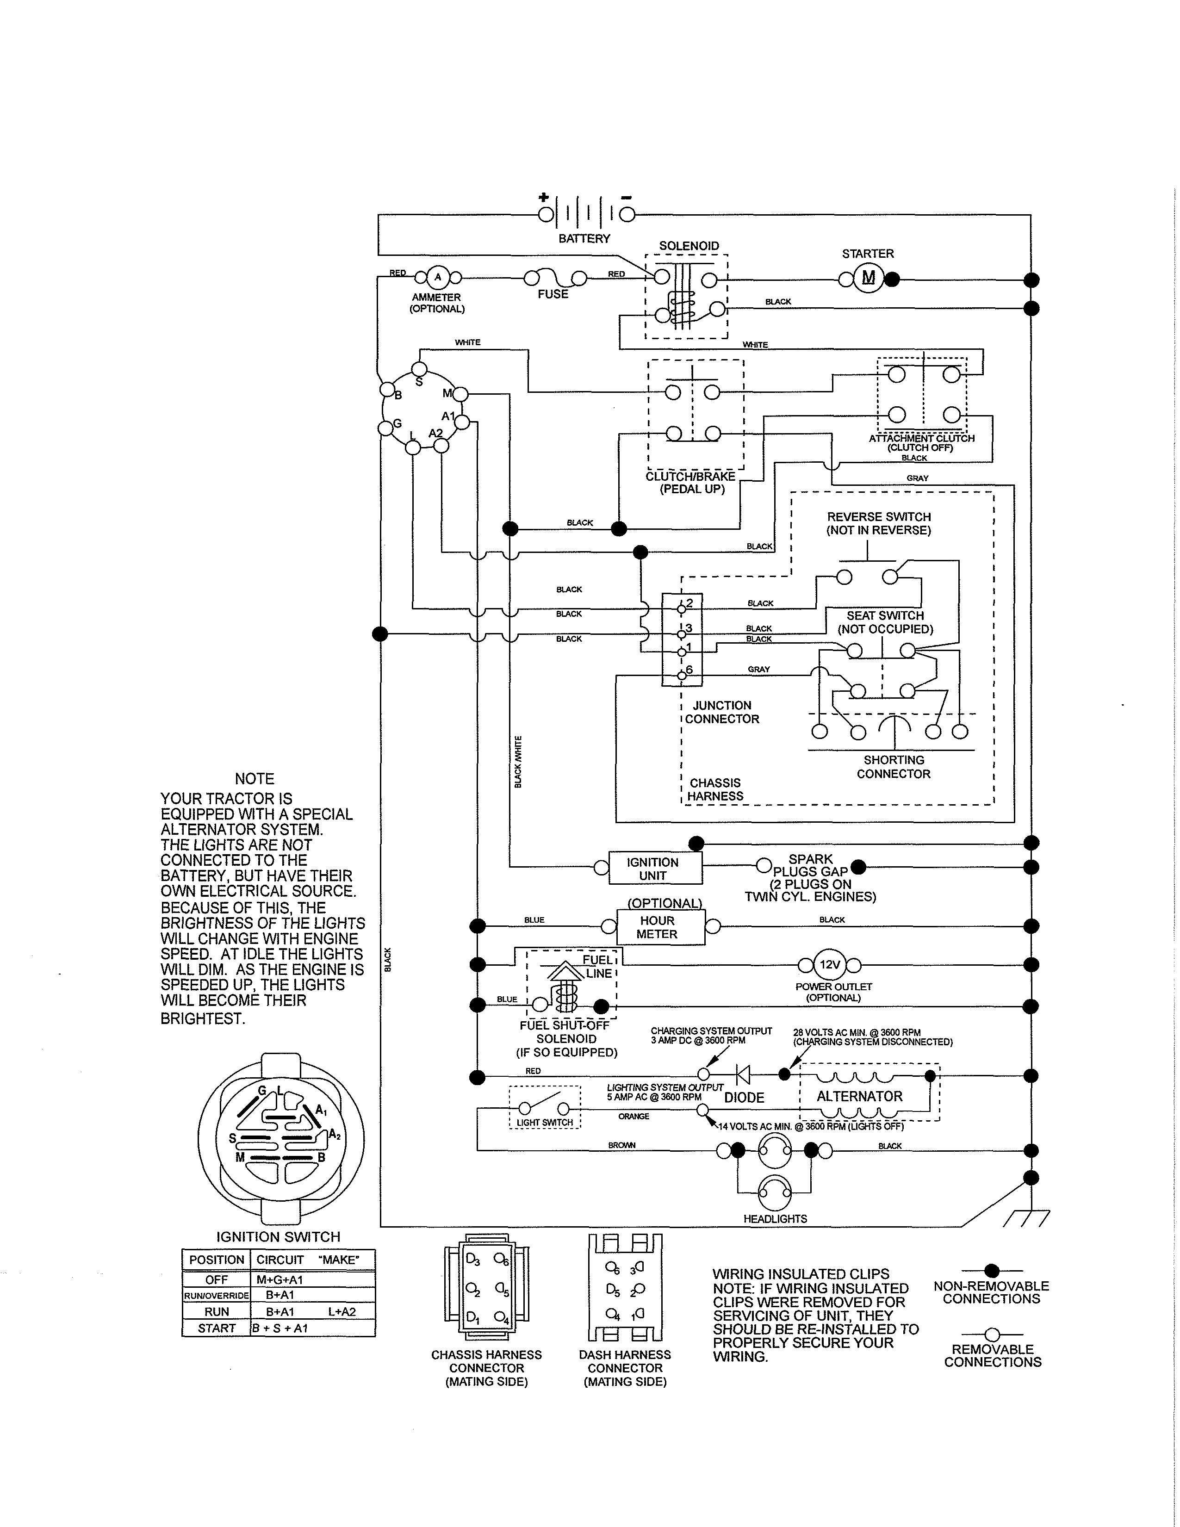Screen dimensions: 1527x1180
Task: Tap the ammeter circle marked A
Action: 438,278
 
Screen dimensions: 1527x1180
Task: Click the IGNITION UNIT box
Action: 652,869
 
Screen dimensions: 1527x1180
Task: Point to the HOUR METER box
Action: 657,927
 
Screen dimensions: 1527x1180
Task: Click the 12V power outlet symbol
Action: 829,965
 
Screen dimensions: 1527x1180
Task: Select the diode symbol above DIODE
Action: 743,1074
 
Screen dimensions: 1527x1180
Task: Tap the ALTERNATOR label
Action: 859,1096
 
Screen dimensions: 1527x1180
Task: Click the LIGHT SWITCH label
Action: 545,1122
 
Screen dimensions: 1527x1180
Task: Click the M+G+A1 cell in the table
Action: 279,1279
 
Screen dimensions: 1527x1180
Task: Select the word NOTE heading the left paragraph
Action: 255,779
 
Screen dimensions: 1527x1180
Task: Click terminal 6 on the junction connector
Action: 682,675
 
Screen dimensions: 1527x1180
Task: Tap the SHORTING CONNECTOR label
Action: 894,767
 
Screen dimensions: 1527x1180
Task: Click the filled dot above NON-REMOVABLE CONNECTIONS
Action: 991,1270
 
